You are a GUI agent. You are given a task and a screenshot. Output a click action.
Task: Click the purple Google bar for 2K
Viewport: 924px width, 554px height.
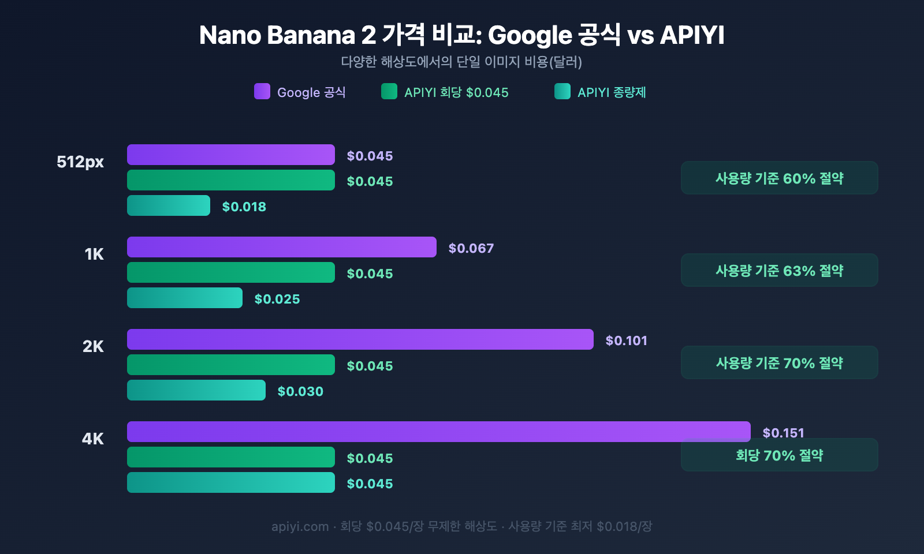(x=360, y=339)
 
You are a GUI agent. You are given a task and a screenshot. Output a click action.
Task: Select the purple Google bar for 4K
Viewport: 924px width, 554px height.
(x=438, y=432)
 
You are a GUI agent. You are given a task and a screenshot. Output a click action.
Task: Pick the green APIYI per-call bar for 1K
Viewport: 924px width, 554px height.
(x=230, y=272)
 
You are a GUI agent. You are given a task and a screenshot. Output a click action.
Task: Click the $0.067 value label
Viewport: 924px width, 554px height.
(x=471, y=248)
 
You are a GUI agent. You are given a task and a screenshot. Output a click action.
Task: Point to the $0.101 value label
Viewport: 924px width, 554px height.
(x=626, y=340)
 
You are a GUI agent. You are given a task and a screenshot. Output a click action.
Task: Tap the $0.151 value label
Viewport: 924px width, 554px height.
(x=783, y=432)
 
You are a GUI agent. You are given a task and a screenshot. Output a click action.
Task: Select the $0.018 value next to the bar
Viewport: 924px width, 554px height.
(x=244, y=207)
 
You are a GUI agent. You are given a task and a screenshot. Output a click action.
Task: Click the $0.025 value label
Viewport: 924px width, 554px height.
(x=277, y=299)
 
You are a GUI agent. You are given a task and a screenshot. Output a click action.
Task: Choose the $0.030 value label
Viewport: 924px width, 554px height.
(x=300, y=391)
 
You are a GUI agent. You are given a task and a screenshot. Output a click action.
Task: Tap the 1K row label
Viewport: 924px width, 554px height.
(x=94, y=254)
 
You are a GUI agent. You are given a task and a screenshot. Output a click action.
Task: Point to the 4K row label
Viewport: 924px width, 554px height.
(x=93, y=439)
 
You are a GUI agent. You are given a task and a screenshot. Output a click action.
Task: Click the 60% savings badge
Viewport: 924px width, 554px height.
(x=779, y=178)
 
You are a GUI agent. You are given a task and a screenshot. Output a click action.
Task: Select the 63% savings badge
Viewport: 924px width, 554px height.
(x=779, y=271)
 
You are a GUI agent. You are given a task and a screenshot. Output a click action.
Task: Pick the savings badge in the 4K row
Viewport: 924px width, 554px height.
(x=779, y=456)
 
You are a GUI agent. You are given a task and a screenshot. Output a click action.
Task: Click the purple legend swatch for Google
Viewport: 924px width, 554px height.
(x=262, y=91)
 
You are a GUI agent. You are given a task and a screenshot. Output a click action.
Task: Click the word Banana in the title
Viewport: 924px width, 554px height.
(x=311, y=35)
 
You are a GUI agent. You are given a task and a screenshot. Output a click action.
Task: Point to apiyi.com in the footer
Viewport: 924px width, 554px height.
(x=300, y=526)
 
